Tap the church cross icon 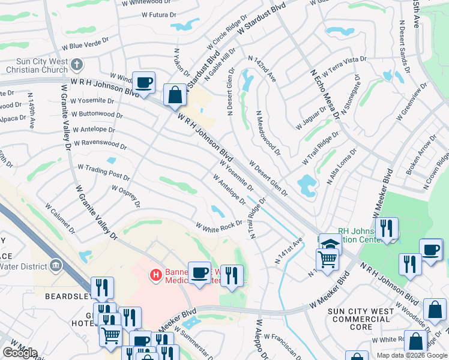pos(76,64)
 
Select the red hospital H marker pos(155,275)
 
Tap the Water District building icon pos(56,265)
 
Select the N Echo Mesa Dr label pos(325,94)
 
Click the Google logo pos(20,353)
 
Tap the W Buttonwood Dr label pos(97,114)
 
